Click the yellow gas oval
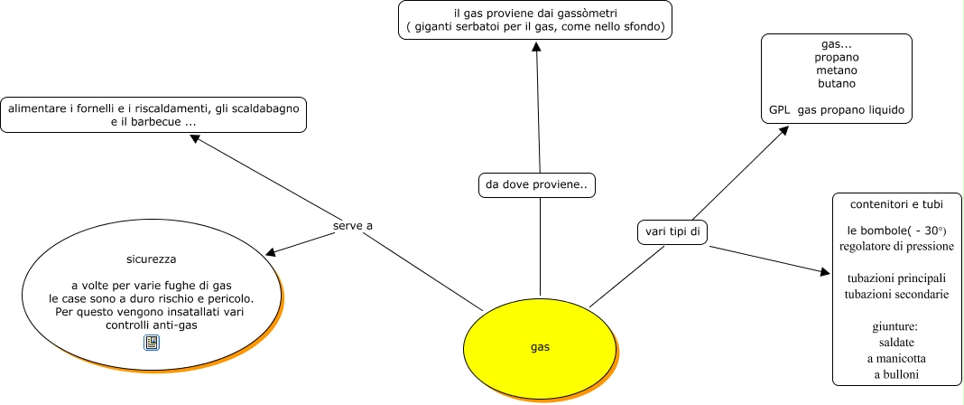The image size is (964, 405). (x=539, y=346)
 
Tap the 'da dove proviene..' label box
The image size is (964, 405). (x=536, y=185)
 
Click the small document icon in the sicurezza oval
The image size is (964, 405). (x=152, y=342)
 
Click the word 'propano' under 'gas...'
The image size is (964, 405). (x=836, y=56)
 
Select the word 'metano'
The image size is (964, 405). (x=836, y=70)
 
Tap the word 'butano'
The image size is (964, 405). (x=836, y=83)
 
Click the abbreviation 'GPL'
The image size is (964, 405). (x=779, y=110)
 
